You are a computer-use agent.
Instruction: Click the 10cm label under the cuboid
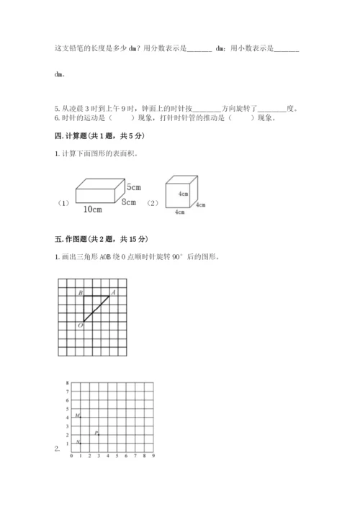pyautogui.click(x=91, y=210)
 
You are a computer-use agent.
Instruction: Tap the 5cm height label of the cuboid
pyautogui.click(x=132, y=187)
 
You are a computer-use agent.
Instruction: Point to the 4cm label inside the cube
pyautogui.click(x=183, y=194)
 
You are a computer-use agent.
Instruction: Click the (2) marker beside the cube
pyautogui.click(x=152, y=202)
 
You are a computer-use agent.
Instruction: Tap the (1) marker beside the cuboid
pyautogui.click(x=63, y=203)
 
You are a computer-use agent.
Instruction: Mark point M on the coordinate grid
pyautogui.click(x=77, y=416)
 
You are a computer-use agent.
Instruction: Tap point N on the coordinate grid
pyautogui.click(x=77, y=442)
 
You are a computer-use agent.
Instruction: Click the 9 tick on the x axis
pyautogui.click(x=154, y=456)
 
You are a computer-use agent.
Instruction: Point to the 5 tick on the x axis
pyautogui.click(x=116, y=456)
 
